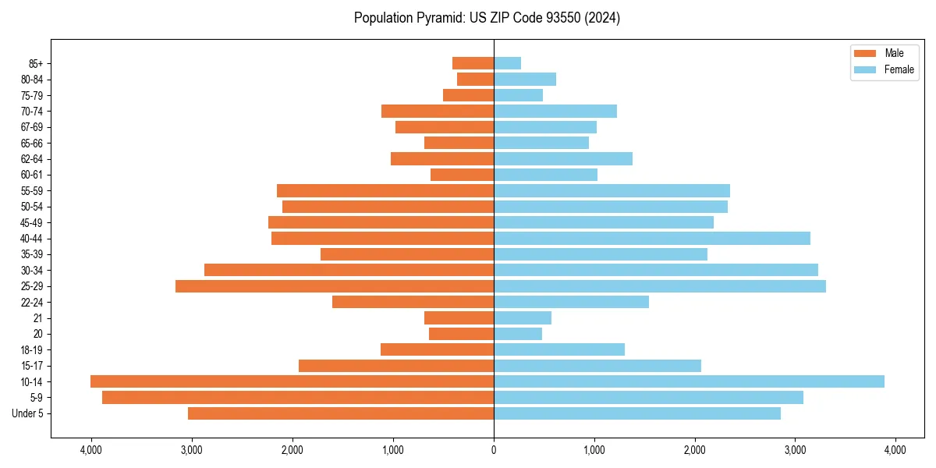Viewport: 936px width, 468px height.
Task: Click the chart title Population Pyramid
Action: (x=487, y=18)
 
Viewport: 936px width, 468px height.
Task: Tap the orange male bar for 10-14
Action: (x=292, y=381)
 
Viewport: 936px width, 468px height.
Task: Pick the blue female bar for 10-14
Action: (x=689, y=381)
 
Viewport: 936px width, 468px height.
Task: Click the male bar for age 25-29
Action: (x=335, y=286)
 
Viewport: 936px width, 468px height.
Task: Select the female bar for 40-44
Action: (x=652, y=238)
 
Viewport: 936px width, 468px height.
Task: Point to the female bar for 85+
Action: (x=507, y=63)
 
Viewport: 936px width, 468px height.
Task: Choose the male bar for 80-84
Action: (x=475, y=79)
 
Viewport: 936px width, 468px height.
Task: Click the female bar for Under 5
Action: (x=637, y=413)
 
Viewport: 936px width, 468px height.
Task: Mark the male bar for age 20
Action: (x=461, y=334)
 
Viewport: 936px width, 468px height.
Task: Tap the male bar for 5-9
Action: (x=298, y=398)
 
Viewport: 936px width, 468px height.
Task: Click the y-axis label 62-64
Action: (x=32, y=159)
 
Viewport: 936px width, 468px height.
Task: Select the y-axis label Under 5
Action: (x=28, y=413)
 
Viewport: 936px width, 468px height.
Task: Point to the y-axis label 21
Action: (x=38, y=318)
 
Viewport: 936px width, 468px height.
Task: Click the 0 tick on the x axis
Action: (x=494, y=450)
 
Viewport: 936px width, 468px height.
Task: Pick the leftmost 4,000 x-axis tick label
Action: (x=91, y=450)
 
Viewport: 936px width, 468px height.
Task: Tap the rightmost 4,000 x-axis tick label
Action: (x=895, y=450)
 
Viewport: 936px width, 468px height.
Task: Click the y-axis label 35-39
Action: (x=32, y=254)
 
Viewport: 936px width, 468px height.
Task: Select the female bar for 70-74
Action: (x=555, y=111)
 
